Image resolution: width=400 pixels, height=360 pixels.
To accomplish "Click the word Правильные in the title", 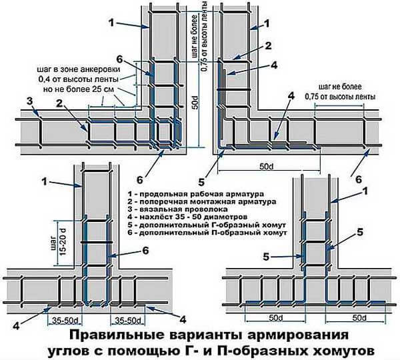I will point(109,333).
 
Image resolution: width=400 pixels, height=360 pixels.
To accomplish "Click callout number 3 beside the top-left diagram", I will point(29,101).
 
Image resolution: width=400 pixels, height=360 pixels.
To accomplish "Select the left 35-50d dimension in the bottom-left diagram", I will point(61,320).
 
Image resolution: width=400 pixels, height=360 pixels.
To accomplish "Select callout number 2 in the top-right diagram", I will point(267,46).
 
